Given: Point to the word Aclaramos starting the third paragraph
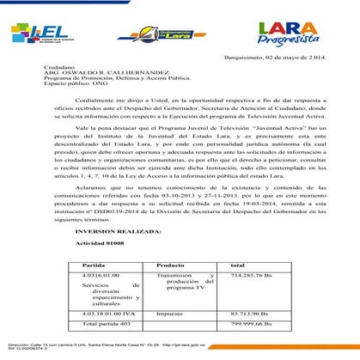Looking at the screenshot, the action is click(67, 186).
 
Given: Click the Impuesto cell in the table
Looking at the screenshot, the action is click(169, 313).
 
